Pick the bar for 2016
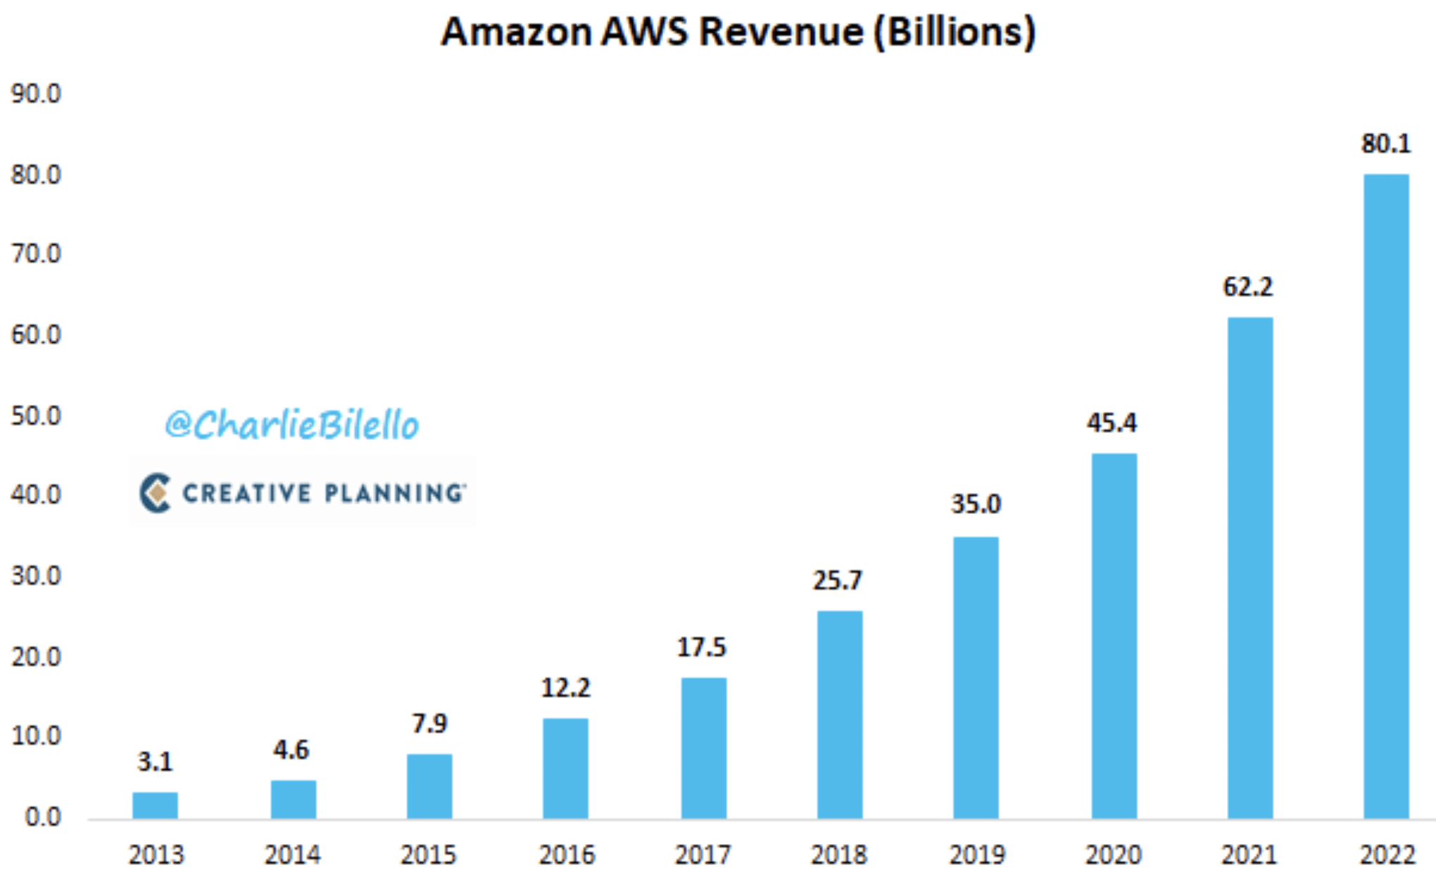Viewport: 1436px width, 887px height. click(565, 768)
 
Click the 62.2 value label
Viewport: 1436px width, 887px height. click(1248, 287)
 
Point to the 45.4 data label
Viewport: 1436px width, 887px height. click(1111, 423)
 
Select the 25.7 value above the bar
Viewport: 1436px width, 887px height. click(838, 581)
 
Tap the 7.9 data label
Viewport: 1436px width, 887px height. click(429, 724)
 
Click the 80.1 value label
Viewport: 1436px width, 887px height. click(1386, 144)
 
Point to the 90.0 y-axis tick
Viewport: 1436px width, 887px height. click(36, 94)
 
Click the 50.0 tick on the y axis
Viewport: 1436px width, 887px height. click(36, 416)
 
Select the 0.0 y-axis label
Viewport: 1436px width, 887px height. click(43, 817)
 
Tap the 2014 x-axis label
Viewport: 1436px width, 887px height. click(292, 855)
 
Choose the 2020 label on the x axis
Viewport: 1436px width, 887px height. click(1113, 855)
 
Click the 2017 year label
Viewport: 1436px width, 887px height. click(703, 855)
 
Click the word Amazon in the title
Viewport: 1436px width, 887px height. click(516, 32)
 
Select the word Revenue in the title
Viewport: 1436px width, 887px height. click(781, 32)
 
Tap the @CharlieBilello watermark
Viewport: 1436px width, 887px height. click(291, 424)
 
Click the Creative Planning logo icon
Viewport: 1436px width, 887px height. click(156, 493)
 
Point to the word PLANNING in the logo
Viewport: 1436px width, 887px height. click(394, 493)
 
